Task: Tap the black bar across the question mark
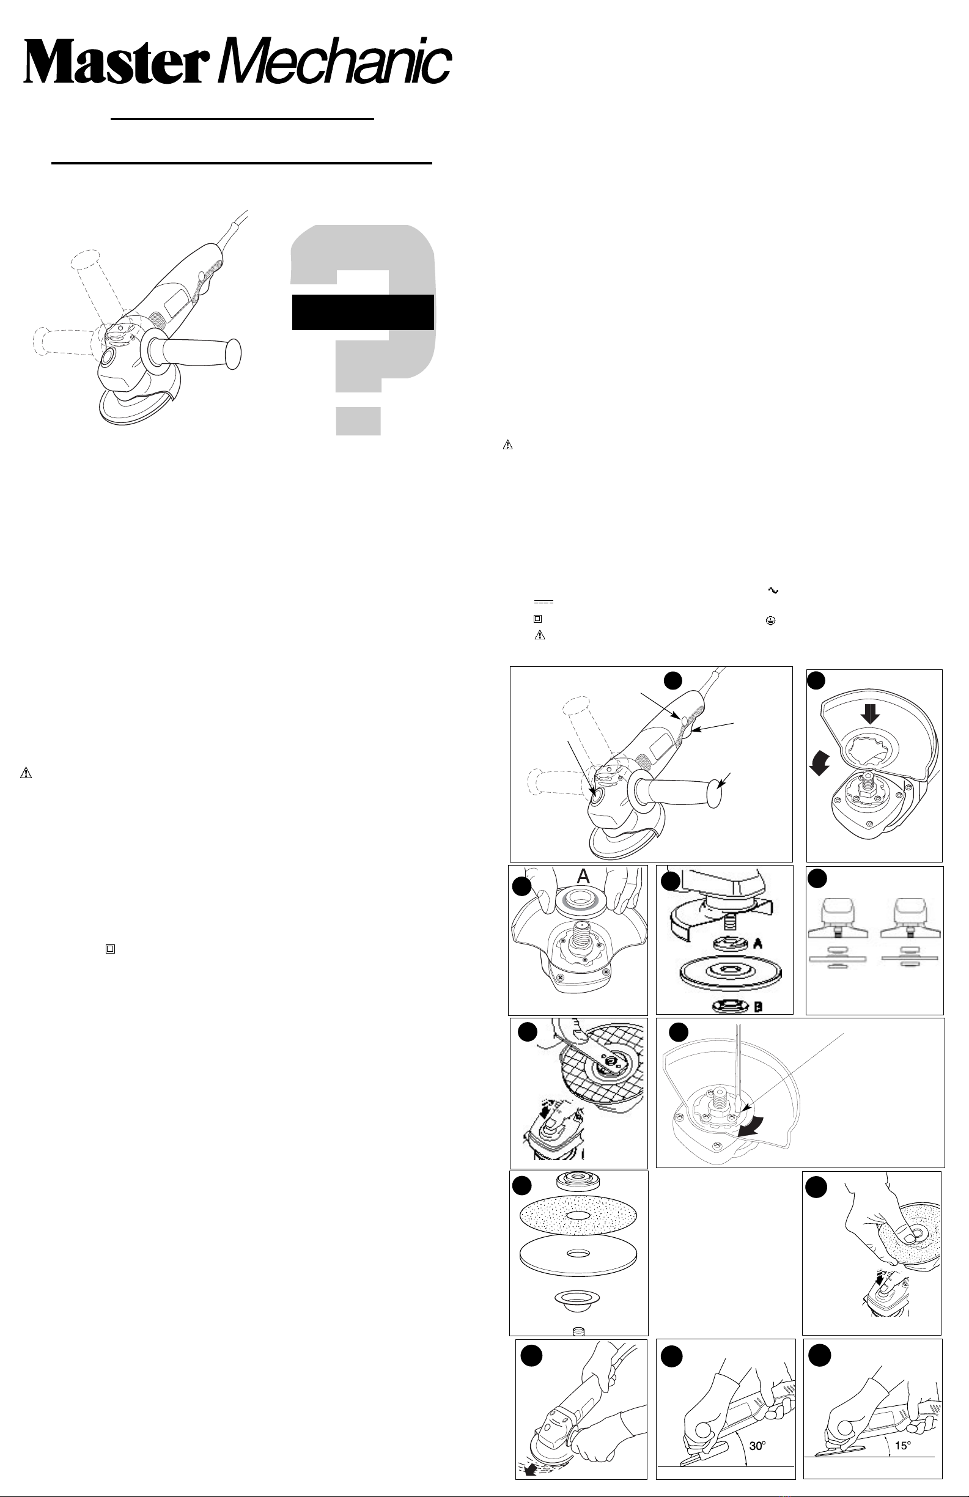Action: (x=363, y=312)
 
